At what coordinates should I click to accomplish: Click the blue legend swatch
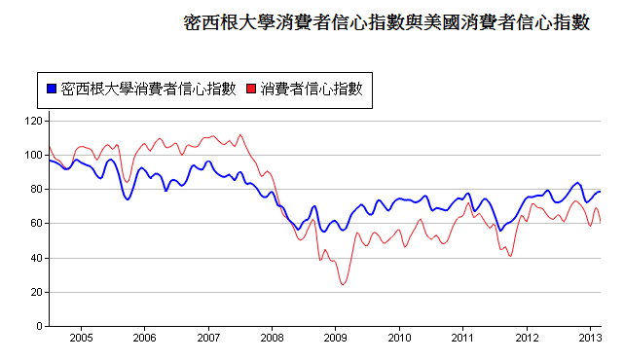click(51, 90)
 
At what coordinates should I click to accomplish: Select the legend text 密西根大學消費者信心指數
click(147, 90)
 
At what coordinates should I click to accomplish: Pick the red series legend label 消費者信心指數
click(312, 90)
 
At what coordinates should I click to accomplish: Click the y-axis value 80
click(35, 189)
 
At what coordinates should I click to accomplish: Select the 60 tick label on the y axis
click(35, 223)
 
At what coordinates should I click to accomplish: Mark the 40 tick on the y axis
click(35, 258)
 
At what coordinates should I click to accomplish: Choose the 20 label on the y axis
click(35, 292)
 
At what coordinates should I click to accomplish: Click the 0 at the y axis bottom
click(38, 326)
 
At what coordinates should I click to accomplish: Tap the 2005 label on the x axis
click(81, 339)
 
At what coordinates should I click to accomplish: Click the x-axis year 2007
click(208, 339)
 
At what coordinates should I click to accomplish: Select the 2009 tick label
click(336, 339)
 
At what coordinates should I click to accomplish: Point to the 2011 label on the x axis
click(463, 339)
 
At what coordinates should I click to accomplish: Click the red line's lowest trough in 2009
click(343, 284)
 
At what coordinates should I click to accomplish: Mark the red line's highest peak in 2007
click(240, 135)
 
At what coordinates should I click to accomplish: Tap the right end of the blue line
click(600, 192)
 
